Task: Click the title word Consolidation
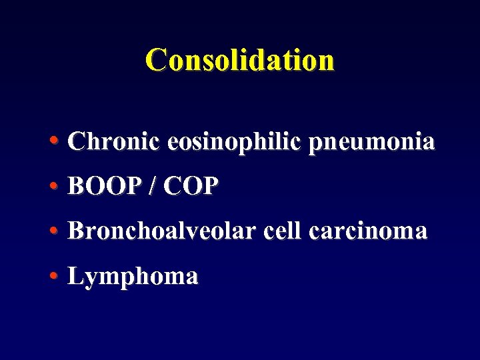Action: click(x=240, y=59)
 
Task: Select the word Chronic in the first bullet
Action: click(x=113, y=141)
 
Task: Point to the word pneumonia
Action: click(x=371, y=143)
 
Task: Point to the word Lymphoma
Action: click(x=133, y=277)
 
